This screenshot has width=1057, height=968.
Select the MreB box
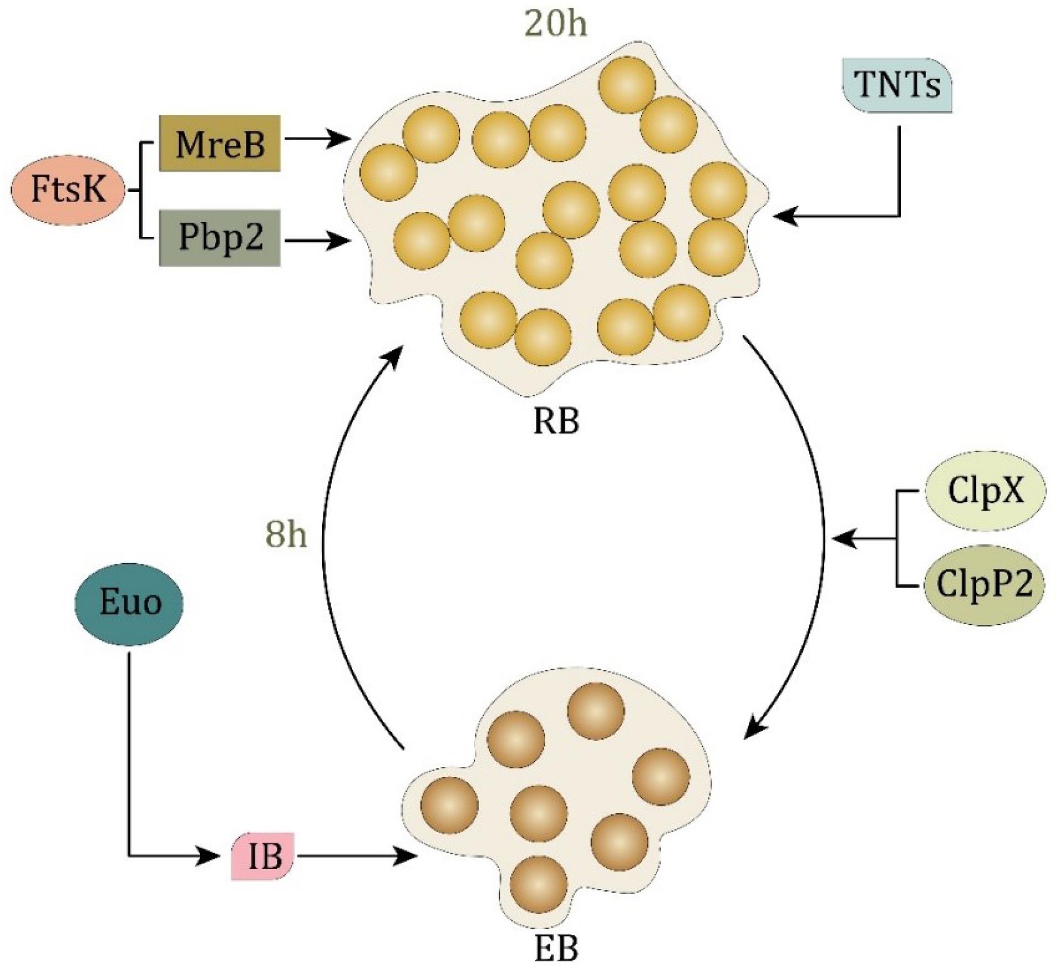[219, 144]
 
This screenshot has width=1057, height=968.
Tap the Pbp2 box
[219, 238]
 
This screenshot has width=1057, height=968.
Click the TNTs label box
[897, 86]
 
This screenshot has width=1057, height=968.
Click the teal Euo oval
[129, 602]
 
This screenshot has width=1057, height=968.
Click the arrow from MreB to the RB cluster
[318, 140]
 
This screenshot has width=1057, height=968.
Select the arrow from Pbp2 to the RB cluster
[318, 240]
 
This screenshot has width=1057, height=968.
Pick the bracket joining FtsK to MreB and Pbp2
[139, 191]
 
